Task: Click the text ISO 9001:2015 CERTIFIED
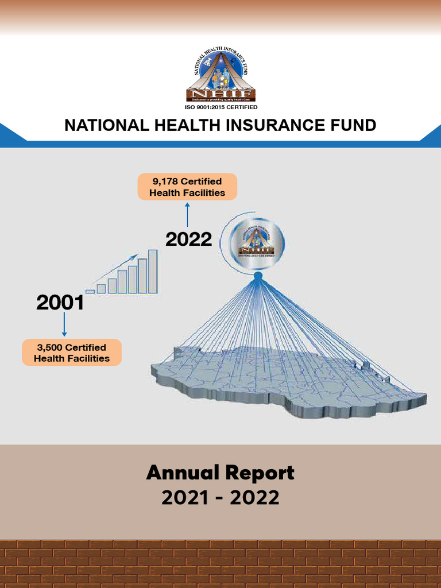(220, 107)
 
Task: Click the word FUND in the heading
(354, 126)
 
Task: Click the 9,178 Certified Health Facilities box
(187, 187)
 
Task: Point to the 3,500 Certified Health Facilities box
(72, 353)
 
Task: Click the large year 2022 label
(189, 239)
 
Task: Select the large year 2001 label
(60, 303)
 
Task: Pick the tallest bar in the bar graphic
(153, 272)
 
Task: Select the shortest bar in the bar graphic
(90, 292)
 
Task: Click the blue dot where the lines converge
(258, 277)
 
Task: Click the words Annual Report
(220, 473)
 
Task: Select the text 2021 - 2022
(220, 498)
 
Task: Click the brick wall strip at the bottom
(220, 564)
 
